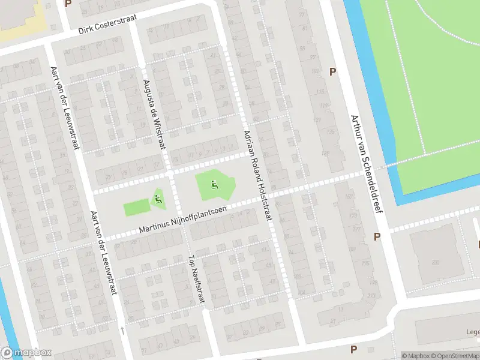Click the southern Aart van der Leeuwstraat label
pos(101,252)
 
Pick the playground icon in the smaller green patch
pos(158,199)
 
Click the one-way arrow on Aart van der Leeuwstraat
pos(122,330)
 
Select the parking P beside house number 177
pos(377,236)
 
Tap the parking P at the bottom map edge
pos(353,349)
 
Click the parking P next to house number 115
pos(333,71)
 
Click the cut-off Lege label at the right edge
pos(472,331)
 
